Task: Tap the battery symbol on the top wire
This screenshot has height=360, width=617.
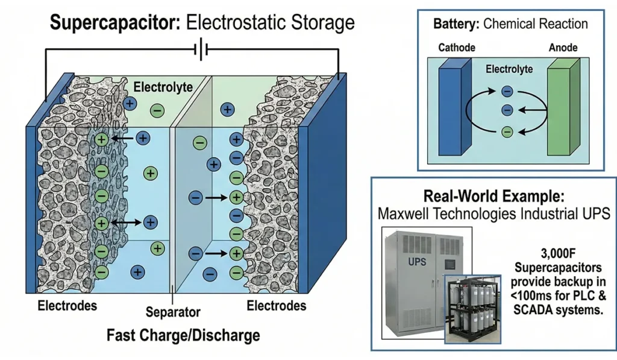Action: click(x=201, y=49)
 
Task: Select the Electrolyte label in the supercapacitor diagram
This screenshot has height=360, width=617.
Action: click(x=163, y=87)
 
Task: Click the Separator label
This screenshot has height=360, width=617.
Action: click(x=173, y=312)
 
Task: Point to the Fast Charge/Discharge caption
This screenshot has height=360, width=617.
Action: click(x=183, y=335)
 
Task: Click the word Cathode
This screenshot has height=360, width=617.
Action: click(x=457, y=48)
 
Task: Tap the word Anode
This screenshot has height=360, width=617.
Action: click(x=563, y=48)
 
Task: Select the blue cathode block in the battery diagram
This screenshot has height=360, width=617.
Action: click(x=455, y=107)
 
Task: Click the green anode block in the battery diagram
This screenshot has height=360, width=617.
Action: click(x=563, y=107)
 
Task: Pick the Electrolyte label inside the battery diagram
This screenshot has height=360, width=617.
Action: click(x=509, y=69)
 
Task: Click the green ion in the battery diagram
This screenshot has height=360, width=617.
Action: click(x=507, y=131)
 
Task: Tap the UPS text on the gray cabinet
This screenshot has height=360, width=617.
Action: click(x=417, y=262)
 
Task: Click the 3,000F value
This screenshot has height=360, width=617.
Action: click(x=559, y=253)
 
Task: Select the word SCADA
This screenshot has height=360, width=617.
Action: click(x=536, y=309)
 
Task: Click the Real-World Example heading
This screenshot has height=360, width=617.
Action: click(x=494, y=196)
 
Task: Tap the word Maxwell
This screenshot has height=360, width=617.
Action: click(x=402, y=214)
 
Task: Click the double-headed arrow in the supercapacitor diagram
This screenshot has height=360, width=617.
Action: click(x=127, y=223)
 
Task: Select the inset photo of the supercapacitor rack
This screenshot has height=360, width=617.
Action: click(x=472, y=309)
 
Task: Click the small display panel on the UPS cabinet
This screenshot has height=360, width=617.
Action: click(x=449, y=264)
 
